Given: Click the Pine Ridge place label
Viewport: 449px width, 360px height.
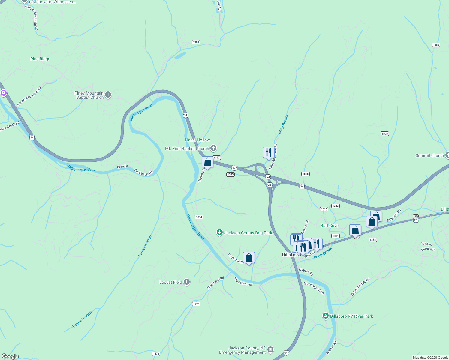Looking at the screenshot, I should click(40, 59).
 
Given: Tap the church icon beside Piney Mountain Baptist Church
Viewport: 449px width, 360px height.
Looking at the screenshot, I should click(108, 95).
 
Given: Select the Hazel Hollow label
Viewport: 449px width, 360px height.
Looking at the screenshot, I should click(197, 140).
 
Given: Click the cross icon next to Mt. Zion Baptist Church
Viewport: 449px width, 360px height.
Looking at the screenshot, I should click(213, 148).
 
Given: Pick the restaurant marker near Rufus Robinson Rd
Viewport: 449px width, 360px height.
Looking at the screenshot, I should click(268, 152).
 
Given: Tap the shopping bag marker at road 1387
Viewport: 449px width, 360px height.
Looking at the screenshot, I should click(207, 162).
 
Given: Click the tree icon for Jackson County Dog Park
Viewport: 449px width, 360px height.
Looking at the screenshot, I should click(220, 232).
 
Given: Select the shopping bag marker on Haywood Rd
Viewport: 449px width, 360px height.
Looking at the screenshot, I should click(249, 258).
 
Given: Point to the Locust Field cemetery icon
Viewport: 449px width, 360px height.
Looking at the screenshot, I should click(187, 282).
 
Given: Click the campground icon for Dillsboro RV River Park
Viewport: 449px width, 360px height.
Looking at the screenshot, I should click(325, 316).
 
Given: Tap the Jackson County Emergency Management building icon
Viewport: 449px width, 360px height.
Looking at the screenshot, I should click(270, 350).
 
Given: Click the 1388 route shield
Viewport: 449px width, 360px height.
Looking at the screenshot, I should click(196, 42).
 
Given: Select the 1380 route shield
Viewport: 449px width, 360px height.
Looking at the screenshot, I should click(436, 45).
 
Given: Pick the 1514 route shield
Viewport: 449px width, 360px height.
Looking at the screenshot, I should click(199, 217).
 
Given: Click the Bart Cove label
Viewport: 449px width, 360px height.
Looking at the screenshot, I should click(329, 226).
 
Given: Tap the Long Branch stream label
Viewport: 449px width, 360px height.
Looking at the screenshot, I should click(283, 123).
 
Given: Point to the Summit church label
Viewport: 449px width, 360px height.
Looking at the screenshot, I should click(429, 155).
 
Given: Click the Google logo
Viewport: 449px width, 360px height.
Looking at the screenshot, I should click(10, 356).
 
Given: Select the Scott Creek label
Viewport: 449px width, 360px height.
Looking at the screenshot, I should click(323, 253).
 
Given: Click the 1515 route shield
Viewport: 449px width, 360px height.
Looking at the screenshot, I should click(305, 174).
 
